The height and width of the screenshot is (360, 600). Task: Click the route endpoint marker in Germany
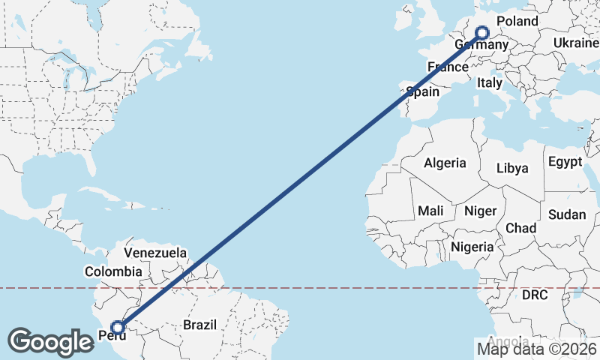482,32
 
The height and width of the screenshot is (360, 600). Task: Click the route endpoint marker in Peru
118,327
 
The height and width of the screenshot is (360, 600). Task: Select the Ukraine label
576,43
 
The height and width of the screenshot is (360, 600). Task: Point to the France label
448,67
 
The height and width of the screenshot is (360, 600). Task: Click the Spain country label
422,91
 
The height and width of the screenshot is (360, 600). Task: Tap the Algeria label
445,163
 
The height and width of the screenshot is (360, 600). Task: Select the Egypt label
565,162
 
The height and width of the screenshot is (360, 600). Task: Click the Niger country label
480,211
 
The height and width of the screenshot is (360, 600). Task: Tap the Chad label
520,227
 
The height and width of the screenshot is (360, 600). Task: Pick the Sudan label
566,214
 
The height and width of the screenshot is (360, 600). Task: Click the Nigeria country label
472,246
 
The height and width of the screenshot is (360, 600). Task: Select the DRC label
535,295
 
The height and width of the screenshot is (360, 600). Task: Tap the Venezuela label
155,253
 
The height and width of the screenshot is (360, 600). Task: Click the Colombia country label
113,271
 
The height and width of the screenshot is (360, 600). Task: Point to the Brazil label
199,325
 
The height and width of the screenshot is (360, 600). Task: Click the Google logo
51,341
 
